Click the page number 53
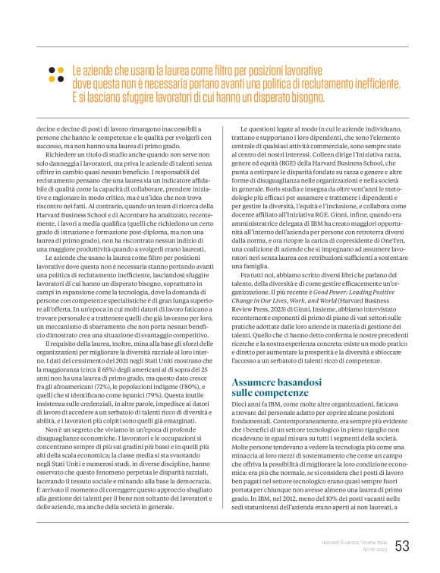pyautogui.click(x=402, y=546)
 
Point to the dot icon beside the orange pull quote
pyautogui.click(x=55, y=74)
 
